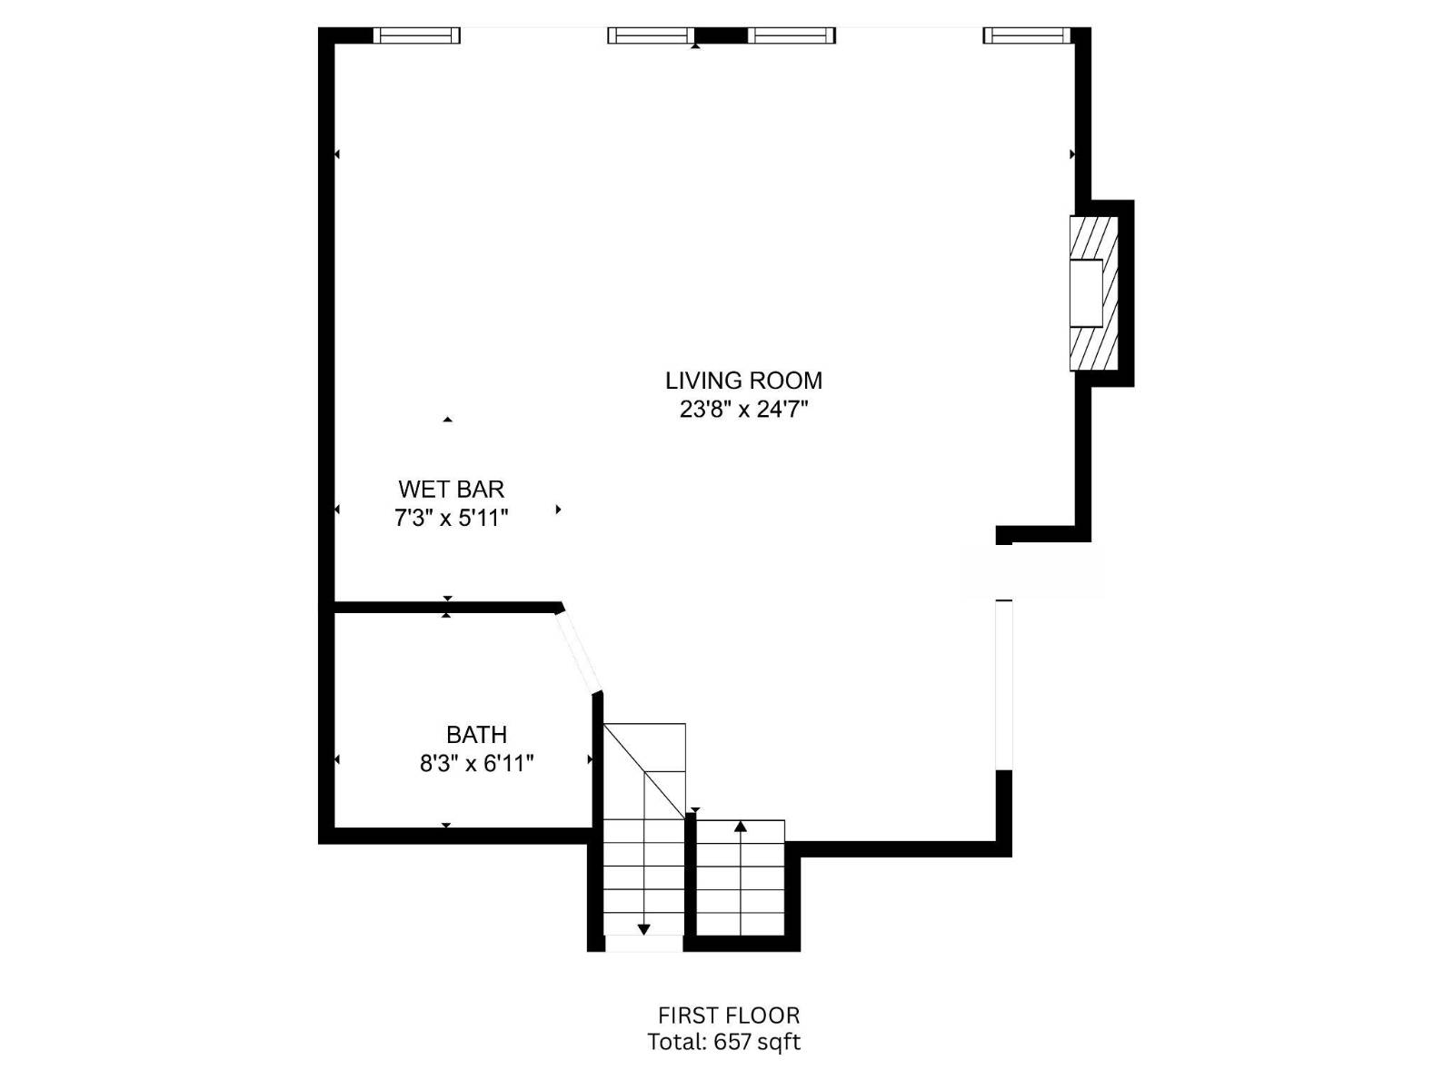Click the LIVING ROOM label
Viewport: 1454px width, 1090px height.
click(x=743, y=381)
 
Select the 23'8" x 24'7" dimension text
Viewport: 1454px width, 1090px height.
click(x=743, y=410)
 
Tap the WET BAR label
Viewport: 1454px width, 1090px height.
click(x=451, y=490)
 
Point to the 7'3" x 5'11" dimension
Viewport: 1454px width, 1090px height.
click(x=451, y=519)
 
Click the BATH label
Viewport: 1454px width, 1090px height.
click(x=476, y=735)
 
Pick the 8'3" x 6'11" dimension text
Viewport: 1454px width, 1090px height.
click(x=476, y=764)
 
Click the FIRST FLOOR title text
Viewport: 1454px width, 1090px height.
click(x=729, y=1016)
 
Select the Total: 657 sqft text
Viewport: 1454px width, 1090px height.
click(x=723, y=1042)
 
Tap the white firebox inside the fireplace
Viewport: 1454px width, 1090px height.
click(x=1086, y=293)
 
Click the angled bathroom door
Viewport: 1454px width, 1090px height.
click(x=580, y=652)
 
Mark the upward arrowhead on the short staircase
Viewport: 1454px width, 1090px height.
click(x=741, y=827)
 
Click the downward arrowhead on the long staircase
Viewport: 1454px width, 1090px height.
click(x=643, y=928)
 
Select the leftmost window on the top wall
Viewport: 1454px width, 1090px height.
click(x=416, y=35)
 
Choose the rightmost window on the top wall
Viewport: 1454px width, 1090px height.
click(x=1027, y=35)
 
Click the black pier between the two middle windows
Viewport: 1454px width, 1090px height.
click(x=721, y=35)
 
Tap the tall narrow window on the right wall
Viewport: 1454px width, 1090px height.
click(x=1003, y=683)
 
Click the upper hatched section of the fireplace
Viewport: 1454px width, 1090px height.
click(x=1093, y=238)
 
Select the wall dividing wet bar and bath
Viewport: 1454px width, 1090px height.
click(x=445, y=608)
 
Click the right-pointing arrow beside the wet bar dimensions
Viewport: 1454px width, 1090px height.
click(x=558, y=510)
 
